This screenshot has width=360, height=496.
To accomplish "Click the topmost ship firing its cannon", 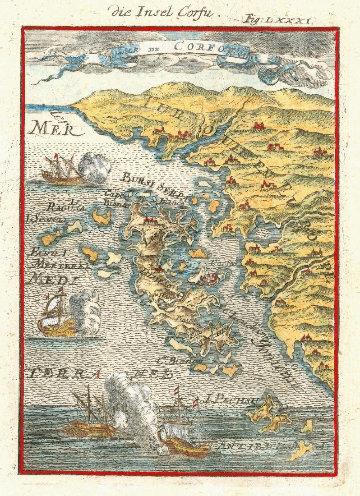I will click(x=60, y=170).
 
